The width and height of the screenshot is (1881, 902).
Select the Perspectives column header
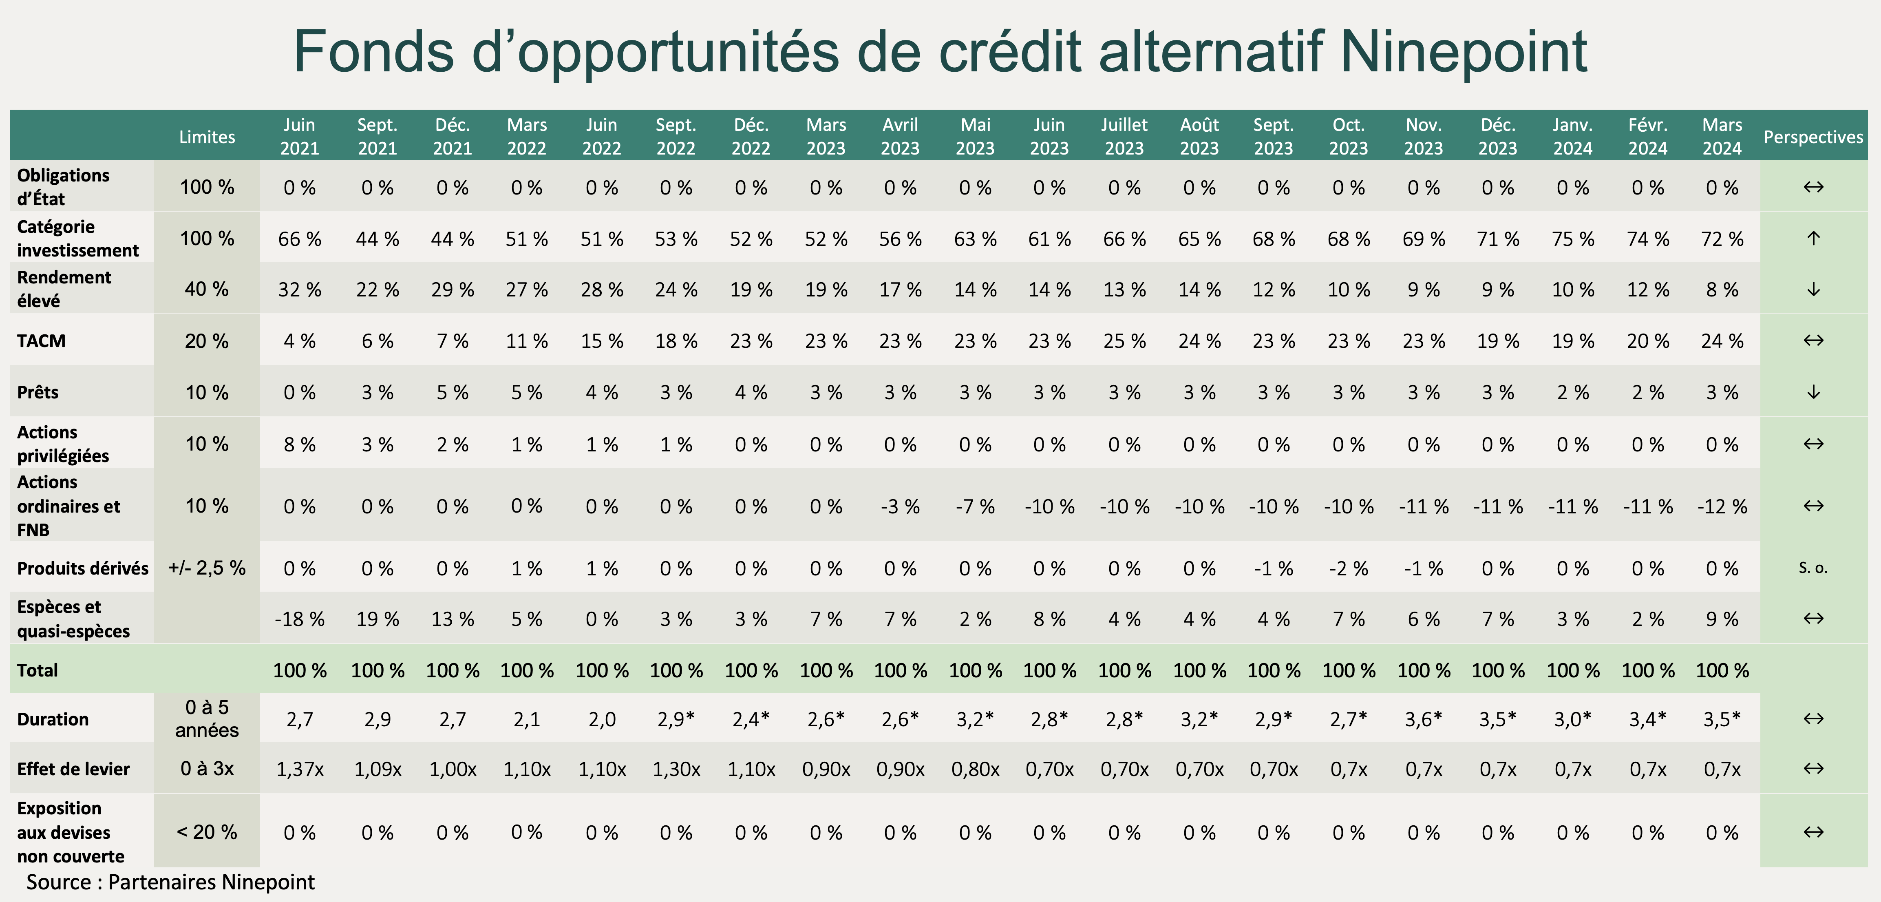pyautogui.click(x=1813, y=137)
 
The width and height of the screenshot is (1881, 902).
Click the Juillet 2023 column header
pyautogui.click(x=1124, y=137)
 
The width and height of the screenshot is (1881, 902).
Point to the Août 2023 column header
pyautogui.click(x=1199, y=137)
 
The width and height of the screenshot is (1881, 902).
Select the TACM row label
pyautogui.click(x=42, y=341)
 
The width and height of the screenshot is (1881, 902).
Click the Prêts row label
pyautogui.click(x=38, y=392)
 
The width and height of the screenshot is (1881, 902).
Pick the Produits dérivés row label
pyautogui.click(x=82, y=568)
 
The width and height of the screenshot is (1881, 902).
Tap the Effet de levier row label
pyautogui.click(x=73, y=769)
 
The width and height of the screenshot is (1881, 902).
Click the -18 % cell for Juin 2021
pyautogui.click(x=299, y=619)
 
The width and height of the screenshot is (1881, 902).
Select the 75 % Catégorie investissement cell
pyautogui.click(x=1573, y=239)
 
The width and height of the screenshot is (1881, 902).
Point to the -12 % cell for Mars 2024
pyautogui.click(x=1722, y=506)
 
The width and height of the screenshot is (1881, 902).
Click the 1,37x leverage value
pyautogui.click(x=299, y=769)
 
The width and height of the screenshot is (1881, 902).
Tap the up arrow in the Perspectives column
pyautogui.click(x=1813, y=238)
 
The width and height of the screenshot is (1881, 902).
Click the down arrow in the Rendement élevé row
pyautogui.click(x=1813, y=289)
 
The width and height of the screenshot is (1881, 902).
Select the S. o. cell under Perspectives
pyautogui.click(x=1813, y=568)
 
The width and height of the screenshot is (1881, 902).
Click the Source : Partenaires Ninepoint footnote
pyautogui.click(x=170, y=882)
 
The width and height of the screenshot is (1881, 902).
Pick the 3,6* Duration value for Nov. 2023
pyautogui.click(x=1423, y=719)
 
